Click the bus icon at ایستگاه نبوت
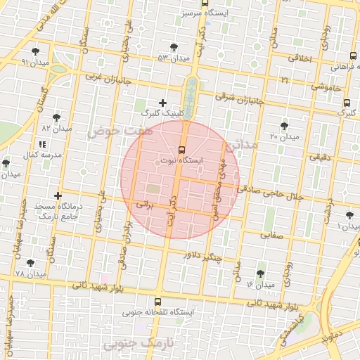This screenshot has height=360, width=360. point(182,149)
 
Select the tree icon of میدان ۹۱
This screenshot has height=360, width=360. point(36,51)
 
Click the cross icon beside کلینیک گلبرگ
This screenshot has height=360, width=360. point(163,103)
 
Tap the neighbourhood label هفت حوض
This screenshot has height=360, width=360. point(110,131)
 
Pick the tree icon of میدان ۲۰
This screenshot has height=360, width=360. point(284,125)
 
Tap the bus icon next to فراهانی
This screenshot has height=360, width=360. point(354,56)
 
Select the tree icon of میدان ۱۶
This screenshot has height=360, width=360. point(261,273)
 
